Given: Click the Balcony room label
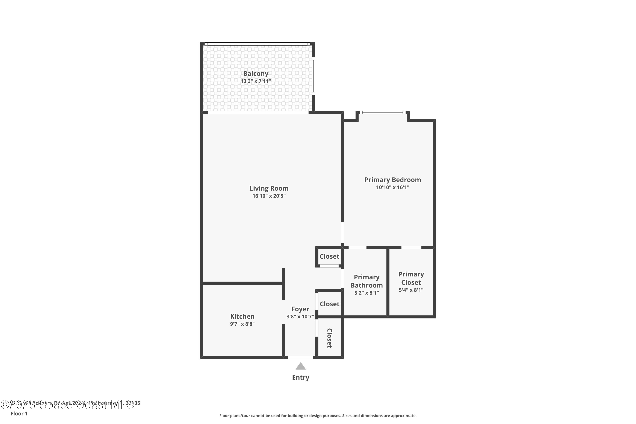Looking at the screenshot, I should click(255, 74).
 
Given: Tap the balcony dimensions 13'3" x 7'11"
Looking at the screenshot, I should click(255, 81).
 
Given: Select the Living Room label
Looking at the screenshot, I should click(269, 188).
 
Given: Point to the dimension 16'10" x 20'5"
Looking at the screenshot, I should click(269, 196).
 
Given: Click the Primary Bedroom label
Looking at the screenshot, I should click(392, 180).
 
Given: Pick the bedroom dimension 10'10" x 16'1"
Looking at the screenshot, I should click(392, 187).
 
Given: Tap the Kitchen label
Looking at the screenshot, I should click(242, 316).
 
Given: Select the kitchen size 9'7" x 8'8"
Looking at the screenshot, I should click(242, 324).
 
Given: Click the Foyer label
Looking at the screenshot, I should click(300, 309).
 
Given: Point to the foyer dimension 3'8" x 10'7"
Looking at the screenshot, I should click(300, 317).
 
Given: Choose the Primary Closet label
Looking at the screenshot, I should click(411, 278).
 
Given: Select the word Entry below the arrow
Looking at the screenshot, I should click(300, 378).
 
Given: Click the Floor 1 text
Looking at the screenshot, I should click(19, 413).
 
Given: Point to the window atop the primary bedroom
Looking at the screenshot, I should click(382, 112).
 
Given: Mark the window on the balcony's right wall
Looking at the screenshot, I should click(313, 76).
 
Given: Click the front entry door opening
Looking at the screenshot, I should click(300, 357).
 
